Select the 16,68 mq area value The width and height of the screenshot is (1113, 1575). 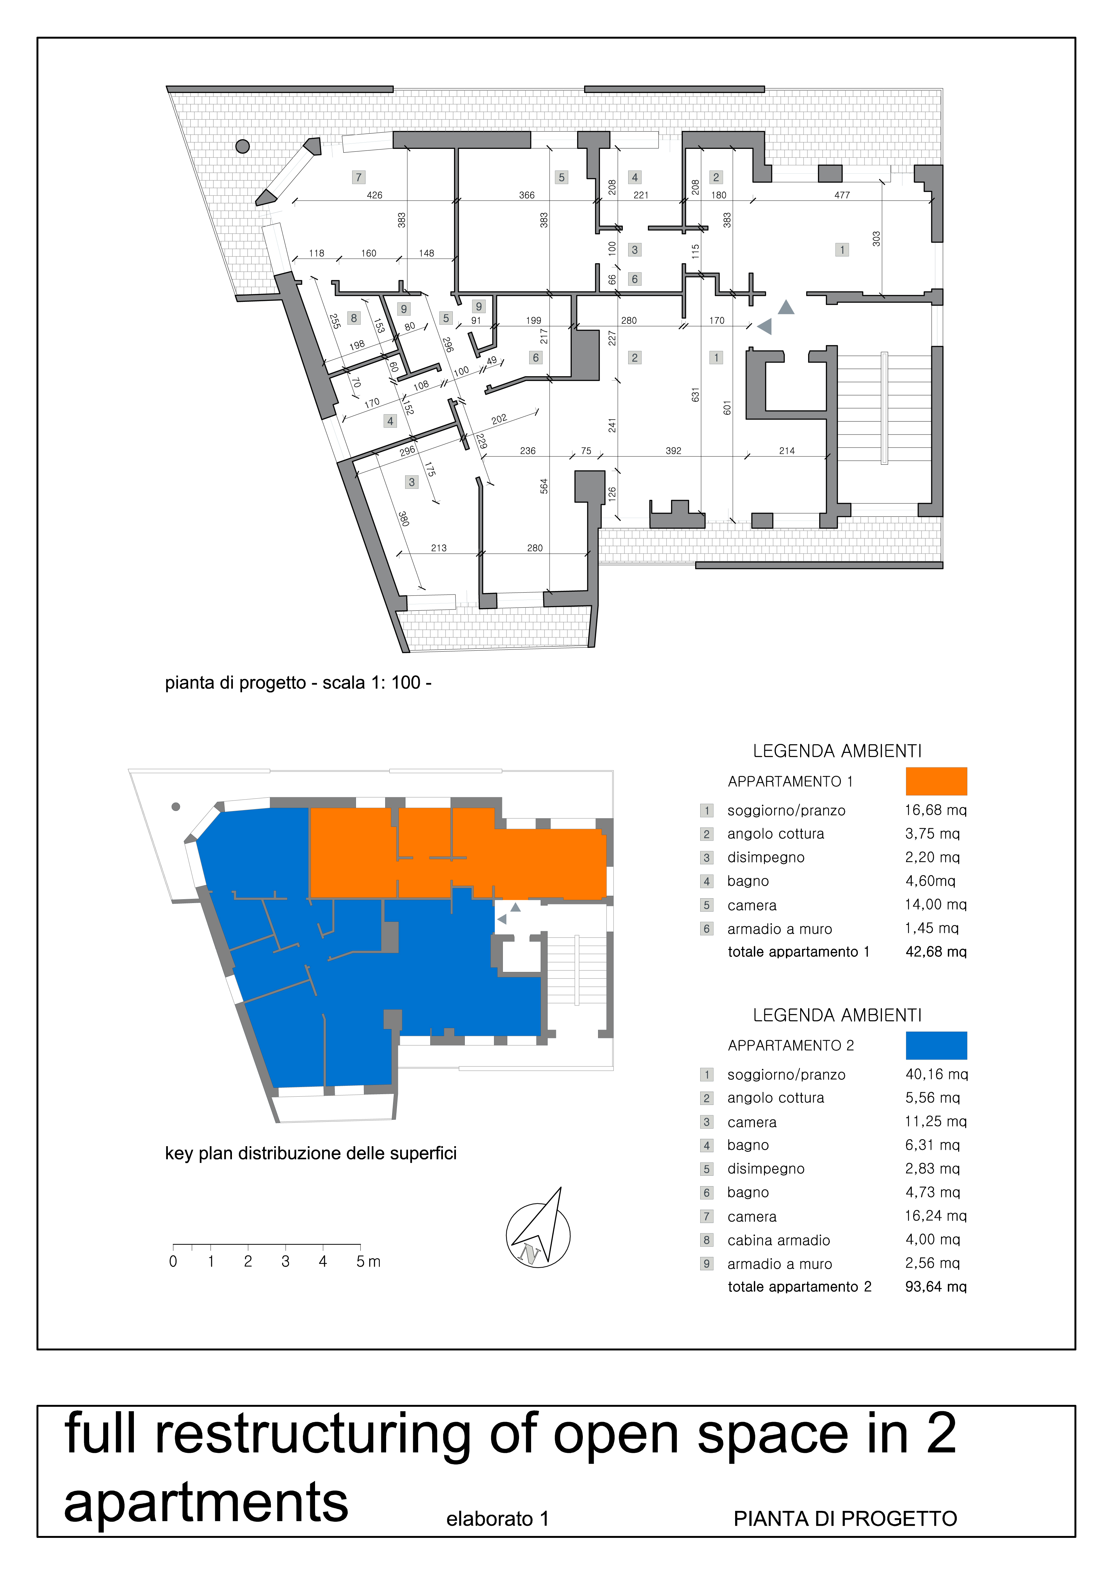pos(935,810)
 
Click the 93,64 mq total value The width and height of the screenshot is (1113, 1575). pos(935,1287)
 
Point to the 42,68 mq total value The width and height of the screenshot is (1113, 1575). pos(935,952)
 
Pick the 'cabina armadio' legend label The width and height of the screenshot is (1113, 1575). pos(778,1240)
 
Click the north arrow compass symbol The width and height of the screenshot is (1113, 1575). pos(538,1231)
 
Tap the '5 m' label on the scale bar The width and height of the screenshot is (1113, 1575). pos(368,1261)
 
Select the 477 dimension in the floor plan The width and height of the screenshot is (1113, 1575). pos(841,196)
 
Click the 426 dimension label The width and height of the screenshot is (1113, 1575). pos(374,196)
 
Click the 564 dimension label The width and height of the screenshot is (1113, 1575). pos(544,486)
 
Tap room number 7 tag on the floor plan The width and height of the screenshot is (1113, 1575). pos(358,177)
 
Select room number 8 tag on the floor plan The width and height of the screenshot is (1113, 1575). pos(354,318)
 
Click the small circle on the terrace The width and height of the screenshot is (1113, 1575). pos(242,146)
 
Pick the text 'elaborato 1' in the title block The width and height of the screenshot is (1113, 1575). pos(497,1519)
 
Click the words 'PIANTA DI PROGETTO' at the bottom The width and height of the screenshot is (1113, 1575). pos(845,1519)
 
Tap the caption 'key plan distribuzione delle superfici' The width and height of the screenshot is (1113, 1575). pos(311,1153)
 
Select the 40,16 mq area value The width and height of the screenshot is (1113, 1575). pos(936,1074)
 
